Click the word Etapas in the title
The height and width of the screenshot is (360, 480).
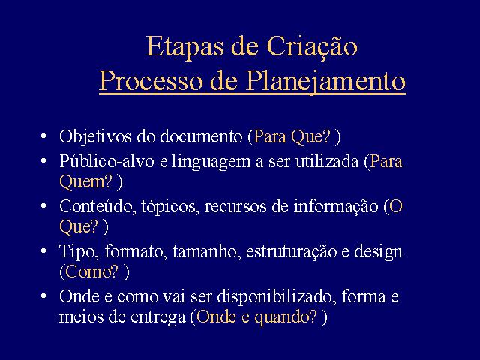184,47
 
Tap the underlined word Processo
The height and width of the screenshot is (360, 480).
151,81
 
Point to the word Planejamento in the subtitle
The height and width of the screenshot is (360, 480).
325,82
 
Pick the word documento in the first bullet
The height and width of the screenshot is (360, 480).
201,136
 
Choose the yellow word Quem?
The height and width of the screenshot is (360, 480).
86,181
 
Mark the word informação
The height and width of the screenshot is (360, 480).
336,206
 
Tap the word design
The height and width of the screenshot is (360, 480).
378,252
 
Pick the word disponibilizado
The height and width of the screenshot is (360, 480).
275,297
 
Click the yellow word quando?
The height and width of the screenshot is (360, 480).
286,316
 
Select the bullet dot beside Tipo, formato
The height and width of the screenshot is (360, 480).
43,251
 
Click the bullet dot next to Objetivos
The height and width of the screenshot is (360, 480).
43,136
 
